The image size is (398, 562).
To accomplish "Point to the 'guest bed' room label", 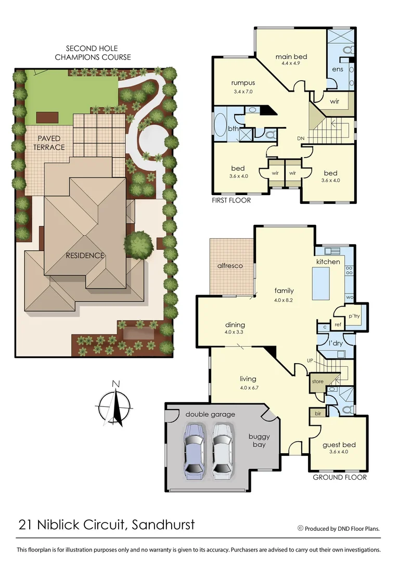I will [x=339, y=444].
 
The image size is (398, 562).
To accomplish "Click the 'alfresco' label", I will [x=230, y=265].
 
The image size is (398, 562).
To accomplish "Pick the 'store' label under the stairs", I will [x=317, y=381].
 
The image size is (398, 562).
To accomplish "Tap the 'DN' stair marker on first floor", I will [x=301, y=138].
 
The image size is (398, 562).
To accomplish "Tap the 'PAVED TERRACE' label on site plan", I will [x=49, y=143].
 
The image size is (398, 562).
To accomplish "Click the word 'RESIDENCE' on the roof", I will [x=85, y=256].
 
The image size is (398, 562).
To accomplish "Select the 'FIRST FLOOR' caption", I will [x=231, y=200].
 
